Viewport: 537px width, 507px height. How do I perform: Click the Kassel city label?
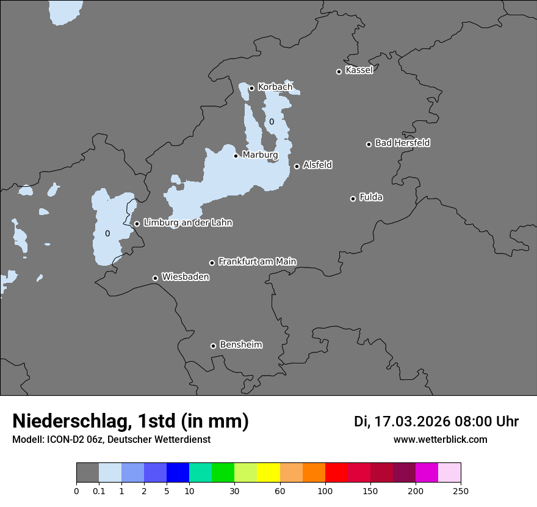(359, 70)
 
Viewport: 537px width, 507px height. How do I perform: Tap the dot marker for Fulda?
(353, 199)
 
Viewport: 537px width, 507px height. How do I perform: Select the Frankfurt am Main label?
(257, 261)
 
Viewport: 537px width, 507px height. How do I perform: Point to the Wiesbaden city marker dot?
(155, 278)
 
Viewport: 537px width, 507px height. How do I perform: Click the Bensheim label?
(240, 345)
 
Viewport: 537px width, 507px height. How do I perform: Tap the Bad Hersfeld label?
(402, 143)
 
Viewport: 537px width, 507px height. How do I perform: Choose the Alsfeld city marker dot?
(297, 166)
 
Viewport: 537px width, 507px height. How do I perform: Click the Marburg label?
(260, 155)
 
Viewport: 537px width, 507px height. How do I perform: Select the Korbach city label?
(275, 87)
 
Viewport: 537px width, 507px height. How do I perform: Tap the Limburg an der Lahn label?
(187, 223)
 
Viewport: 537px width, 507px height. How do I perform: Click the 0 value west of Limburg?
(107, 233)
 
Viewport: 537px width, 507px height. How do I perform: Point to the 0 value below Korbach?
(272, 122)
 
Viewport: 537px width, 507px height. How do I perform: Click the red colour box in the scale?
(336, 473)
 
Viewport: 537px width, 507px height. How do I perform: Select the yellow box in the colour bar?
(268, 473)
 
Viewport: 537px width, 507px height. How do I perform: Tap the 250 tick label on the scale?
(461, 491)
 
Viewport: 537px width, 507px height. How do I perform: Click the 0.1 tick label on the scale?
(99, 491)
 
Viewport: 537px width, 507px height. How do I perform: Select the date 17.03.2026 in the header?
(413, 421)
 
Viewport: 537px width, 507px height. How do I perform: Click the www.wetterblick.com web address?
(440, 439)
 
